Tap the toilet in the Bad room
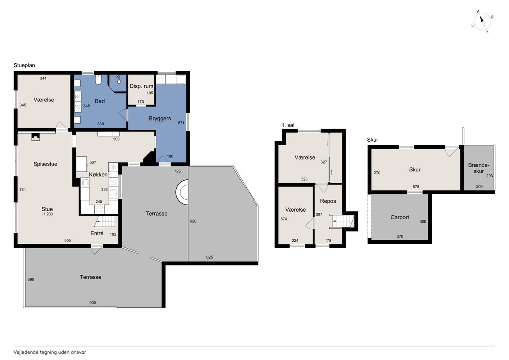(98, 80)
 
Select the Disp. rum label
(141, 86)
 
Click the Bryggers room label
(160, 119)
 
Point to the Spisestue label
(45, 164)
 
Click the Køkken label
(98, 175)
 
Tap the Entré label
(97, 233)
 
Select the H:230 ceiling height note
(47, 214)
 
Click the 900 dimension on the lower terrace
(93, 302)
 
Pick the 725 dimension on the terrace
(177, 171)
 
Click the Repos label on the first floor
(328, 201)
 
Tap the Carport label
(400, 217)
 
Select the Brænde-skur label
(479, 168)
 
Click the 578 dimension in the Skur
(416, 187)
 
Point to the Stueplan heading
(24, 66)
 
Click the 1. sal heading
(288, 125)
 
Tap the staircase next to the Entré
(105, 221)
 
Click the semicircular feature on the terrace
(182, 192)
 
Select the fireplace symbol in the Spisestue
(35, 137)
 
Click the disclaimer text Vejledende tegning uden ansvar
(50, 352)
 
